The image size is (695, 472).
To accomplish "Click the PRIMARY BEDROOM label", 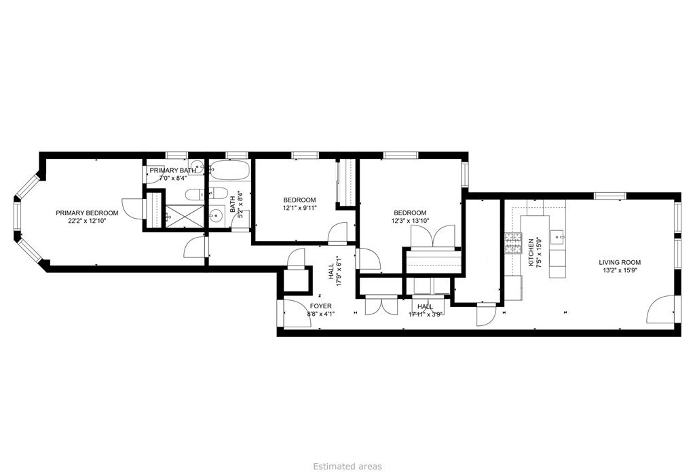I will [87, 213].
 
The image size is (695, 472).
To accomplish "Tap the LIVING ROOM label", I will [619, 262].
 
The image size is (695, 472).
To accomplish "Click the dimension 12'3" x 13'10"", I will [409, 221].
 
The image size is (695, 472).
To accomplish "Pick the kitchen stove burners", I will [512, 243].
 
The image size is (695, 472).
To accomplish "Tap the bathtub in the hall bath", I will [229, 169].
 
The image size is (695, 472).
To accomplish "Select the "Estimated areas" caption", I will [347, 467].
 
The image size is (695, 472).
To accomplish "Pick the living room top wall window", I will [610, 196].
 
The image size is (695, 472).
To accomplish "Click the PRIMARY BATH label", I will [172, 170].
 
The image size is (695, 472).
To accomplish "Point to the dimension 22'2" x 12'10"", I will [87, 221].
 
